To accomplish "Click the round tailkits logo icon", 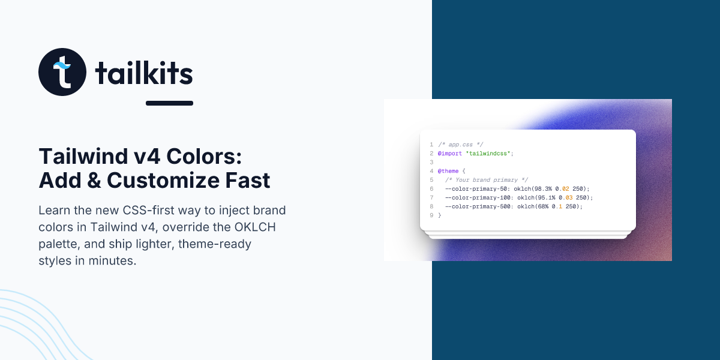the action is tap(62, 72).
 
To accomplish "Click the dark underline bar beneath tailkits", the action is tap(169, 103).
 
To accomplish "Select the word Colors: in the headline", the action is tap(204, 157).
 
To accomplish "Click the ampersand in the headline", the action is tap(94, 181).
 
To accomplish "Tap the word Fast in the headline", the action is tap(247, 181).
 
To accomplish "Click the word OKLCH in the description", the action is tap(255, 227).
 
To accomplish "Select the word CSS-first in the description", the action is tap(149, 210).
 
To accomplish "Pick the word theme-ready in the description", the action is tap(215, 244).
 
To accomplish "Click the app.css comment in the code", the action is tap(461, 145).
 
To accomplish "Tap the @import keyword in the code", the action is tap(450, 154).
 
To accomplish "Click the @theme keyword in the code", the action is tap(448, 171).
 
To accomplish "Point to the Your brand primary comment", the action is tap(487, 180).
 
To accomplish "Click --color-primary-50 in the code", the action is tap(476, 188).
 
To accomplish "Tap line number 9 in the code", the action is tap(431, 215).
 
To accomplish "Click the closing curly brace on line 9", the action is tap(440, 215).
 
